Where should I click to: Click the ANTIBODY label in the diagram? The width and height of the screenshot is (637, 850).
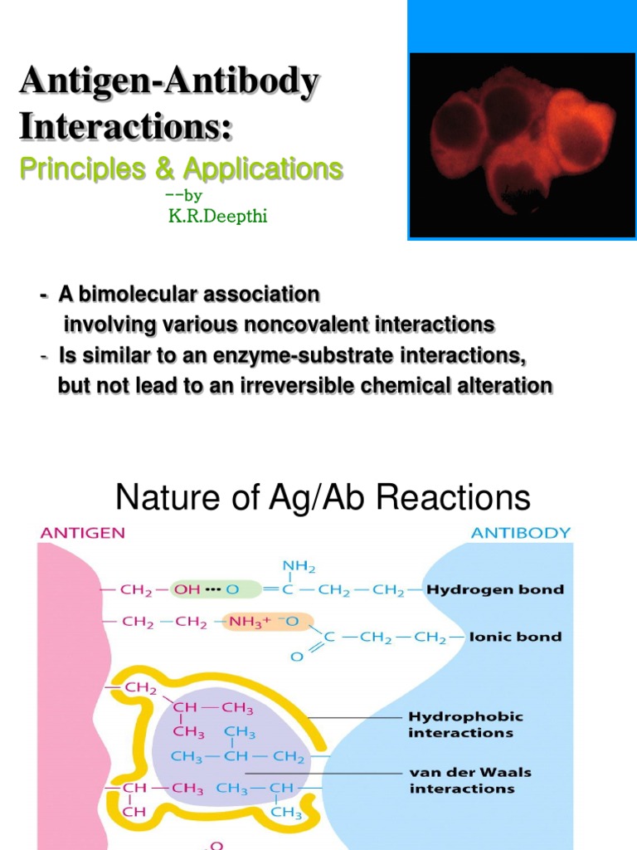[x=520, y=533]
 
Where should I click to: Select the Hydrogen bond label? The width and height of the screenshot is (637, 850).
[x=495, y=589]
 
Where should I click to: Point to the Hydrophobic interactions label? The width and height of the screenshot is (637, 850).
[x=465, y=725]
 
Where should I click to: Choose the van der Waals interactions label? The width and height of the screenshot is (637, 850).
[x=470, y=779]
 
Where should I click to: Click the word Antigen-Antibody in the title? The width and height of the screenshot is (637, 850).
[x=168, y=83]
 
